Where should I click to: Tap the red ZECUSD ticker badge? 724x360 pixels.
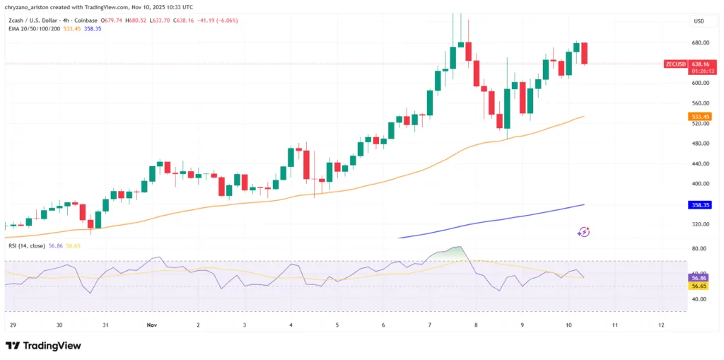[676, 64]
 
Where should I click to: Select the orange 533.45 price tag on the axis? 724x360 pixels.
[700, 116]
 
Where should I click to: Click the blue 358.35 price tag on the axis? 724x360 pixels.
[700, 205]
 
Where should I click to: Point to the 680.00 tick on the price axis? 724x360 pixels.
[700, 42]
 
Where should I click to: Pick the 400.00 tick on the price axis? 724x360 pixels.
[700, 184]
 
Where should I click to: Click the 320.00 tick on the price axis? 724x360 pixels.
[700, 224]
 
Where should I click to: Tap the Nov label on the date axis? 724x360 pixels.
[151, 325]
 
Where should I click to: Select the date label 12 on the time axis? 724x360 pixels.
[660, 325]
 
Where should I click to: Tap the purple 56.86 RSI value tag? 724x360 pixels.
[700, 279]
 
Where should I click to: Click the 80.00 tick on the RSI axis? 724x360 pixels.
[700, 248]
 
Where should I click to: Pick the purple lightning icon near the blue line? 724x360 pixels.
[584, 231]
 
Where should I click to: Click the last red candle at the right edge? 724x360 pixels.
[585, 53]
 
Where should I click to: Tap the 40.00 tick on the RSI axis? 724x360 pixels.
[700, 299]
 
